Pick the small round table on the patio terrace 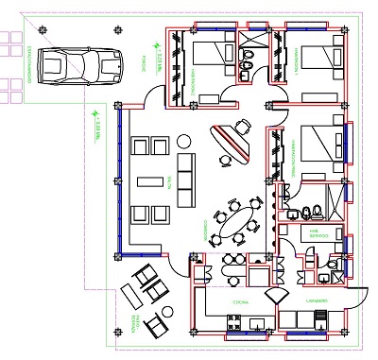coord(167,313)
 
